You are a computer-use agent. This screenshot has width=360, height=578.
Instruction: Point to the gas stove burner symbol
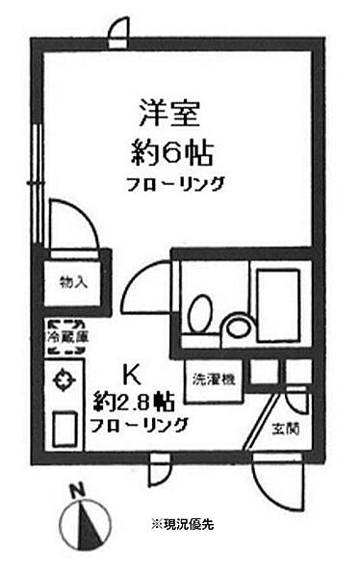point(65,377)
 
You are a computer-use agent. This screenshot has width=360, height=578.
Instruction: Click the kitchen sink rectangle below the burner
point(65,428)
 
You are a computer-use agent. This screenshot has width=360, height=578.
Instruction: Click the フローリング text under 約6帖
point(176,183)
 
